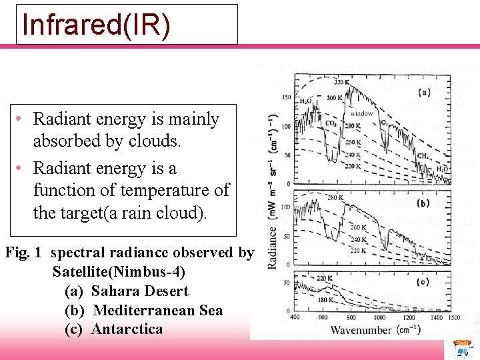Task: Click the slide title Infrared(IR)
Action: [97, 24]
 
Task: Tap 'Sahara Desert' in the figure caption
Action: [140, 291]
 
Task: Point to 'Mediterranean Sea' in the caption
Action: [158, 311]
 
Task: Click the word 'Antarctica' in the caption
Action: [127, 329]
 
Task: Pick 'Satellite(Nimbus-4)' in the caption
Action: [119, 272]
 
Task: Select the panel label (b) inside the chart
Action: [424, 203]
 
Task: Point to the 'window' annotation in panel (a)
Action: [361, 113]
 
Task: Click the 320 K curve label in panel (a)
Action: [341, 83]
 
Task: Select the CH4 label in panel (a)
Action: [422, 156]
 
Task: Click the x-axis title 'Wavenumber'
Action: [361, 330]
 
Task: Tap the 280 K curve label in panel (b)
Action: [335, 197]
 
